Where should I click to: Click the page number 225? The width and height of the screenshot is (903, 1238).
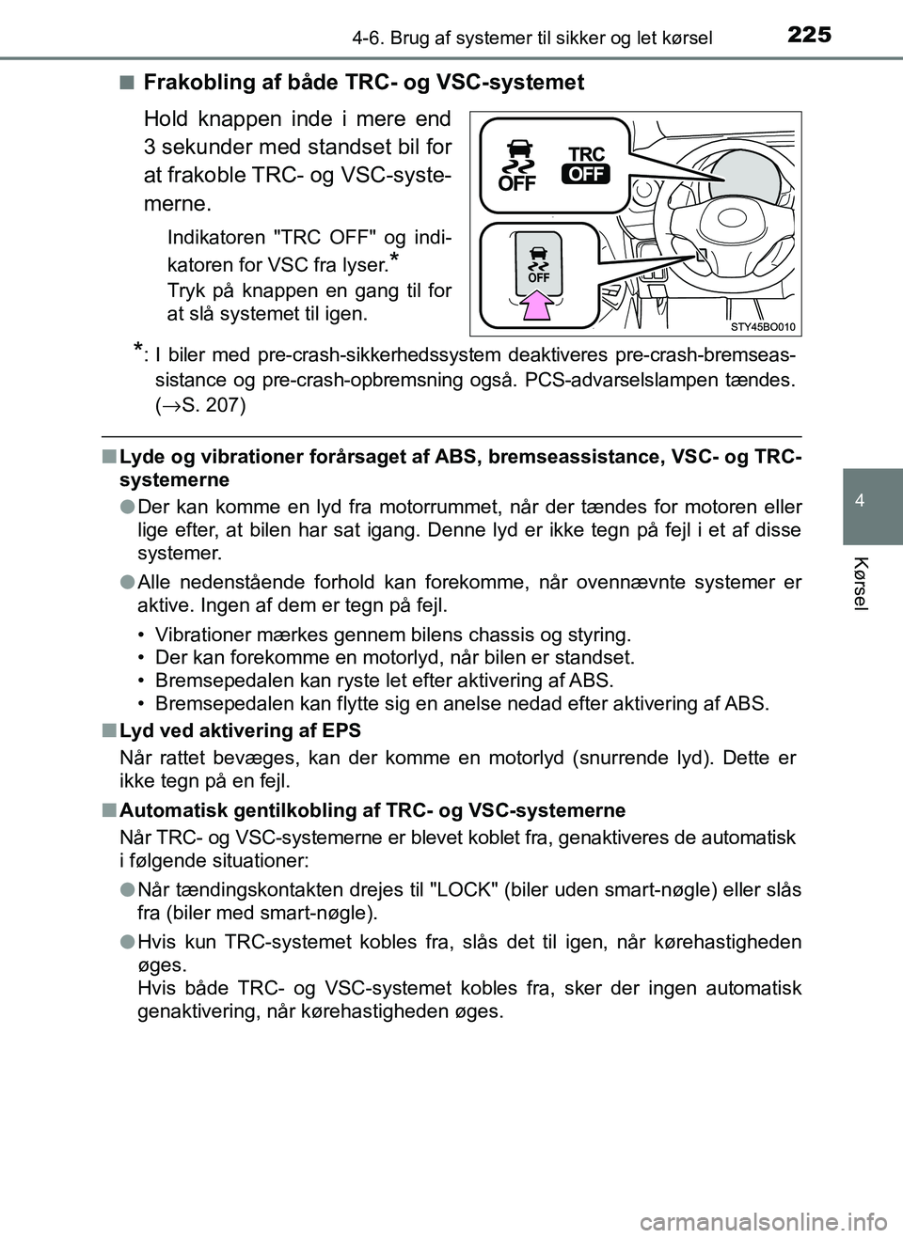coord(809,35)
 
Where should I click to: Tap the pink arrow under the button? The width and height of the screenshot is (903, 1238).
coord(538,305)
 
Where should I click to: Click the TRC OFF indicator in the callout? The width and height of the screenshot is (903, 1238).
coord(587,165)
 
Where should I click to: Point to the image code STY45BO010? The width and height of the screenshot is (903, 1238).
coord(763,326)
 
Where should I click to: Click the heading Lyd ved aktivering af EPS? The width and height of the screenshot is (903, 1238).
coord(240,730)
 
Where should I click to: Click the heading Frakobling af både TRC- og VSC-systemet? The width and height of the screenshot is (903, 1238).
coord(363,83)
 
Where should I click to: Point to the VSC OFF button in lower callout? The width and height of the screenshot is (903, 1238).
coord(538,263)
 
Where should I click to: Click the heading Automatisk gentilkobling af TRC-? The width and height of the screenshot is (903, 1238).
coord(372,810)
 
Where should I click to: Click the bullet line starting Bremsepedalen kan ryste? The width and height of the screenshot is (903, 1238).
coord(383,680)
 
